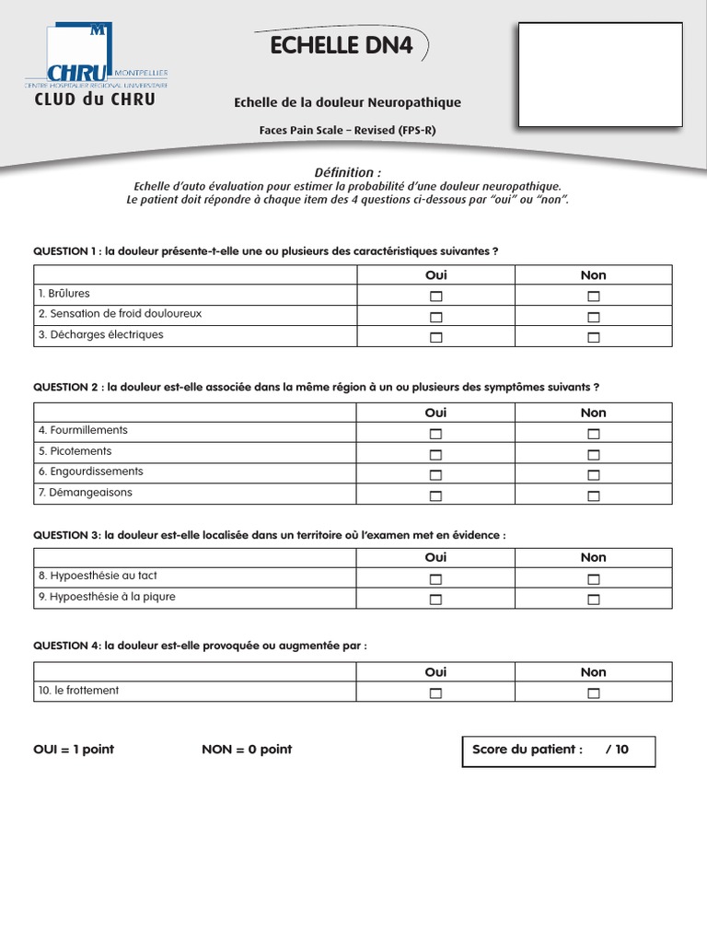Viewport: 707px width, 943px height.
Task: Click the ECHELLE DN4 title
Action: point(341,47)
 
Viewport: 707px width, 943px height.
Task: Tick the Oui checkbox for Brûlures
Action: point(435,297)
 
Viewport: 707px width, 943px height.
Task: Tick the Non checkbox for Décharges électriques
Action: point(594,338)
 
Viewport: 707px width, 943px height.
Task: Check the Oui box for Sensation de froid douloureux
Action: point(435,317)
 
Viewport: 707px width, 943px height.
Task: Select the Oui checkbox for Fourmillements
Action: point(435,434)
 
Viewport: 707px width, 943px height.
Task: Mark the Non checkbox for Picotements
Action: point(594,455)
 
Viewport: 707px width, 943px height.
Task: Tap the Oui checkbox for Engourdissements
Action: point(435,475)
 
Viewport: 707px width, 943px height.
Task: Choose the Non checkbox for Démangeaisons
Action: point(594,496)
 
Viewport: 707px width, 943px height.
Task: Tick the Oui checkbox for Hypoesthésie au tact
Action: point(435,579)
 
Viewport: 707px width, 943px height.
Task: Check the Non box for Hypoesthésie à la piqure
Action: point(594,600)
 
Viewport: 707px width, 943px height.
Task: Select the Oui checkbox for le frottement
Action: point(435,693)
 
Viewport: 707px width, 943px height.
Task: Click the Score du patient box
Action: point(558,751)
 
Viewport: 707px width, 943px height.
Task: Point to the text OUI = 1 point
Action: point(74,750)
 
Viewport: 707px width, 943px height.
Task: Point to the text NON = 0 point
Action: point(247,750)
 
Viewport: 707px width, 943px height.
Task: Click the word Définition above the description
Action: point(347,172)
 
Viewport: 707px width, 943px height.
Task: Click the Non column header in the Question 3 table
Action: point(594,557)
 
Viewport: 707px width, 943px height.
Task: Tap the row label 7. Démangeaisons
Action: point(86,493)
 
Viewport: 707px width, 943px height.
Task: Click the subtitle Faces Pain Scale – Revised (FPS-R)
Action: point(347,131)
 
